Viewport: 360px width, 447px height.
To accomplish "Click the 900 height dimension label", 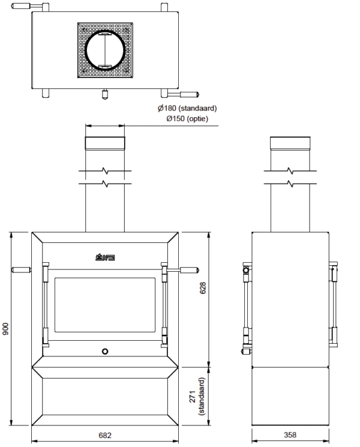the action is point(5,329).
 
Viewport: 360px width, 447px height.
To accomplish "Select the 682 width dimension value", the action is point(105,436).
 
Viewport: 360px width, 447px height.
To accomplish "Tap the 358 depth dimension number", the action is point(290,435).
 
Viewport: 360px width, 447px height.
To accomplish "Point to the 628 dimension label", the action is point(202,288).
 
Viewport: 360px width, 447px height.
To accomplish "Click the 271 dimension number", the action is point(193,397).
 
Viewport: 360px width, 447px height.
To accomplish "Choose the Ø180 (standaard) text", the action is point(187,109).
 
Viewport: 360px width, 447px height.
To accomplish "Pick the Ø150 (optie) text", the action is point(187,119).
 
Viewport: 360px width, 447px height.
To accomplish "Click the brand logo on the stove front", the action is point(105,257).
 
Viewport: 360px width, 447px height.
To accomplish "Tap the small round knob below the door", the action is point(105,352).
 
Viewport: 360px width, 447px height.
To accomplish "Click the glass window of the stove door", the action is point(105,305).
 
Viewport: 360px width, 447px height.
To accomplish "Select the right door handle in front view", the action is point(182,270).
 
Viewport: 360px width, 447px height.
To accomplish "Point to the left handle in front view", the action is point(21,269).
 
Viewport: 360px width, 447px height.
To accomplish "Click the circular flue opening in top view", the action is point(105,50).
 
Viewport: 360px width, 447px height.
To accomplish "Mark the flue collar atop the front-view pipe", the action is point(105,143).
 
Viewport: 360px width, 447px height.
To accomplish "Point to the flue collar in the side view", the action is point(290,143).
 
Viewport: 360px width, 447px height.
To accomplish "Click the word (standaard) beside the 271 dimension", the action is point(202,397).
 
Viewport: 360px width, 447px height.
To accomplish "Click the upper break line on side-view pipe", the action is point(290,171).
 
